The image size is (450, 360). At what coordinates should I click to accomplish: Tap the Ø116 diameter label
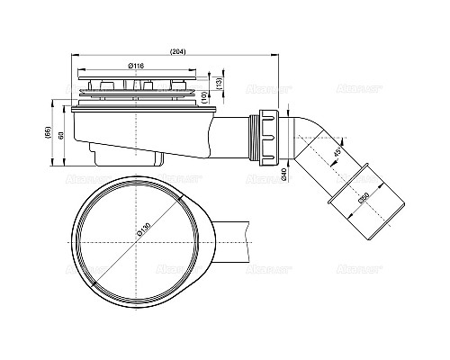tap(139, 66)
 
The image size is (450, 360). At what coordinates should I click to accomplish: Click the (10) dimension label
tap(206, 95)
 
